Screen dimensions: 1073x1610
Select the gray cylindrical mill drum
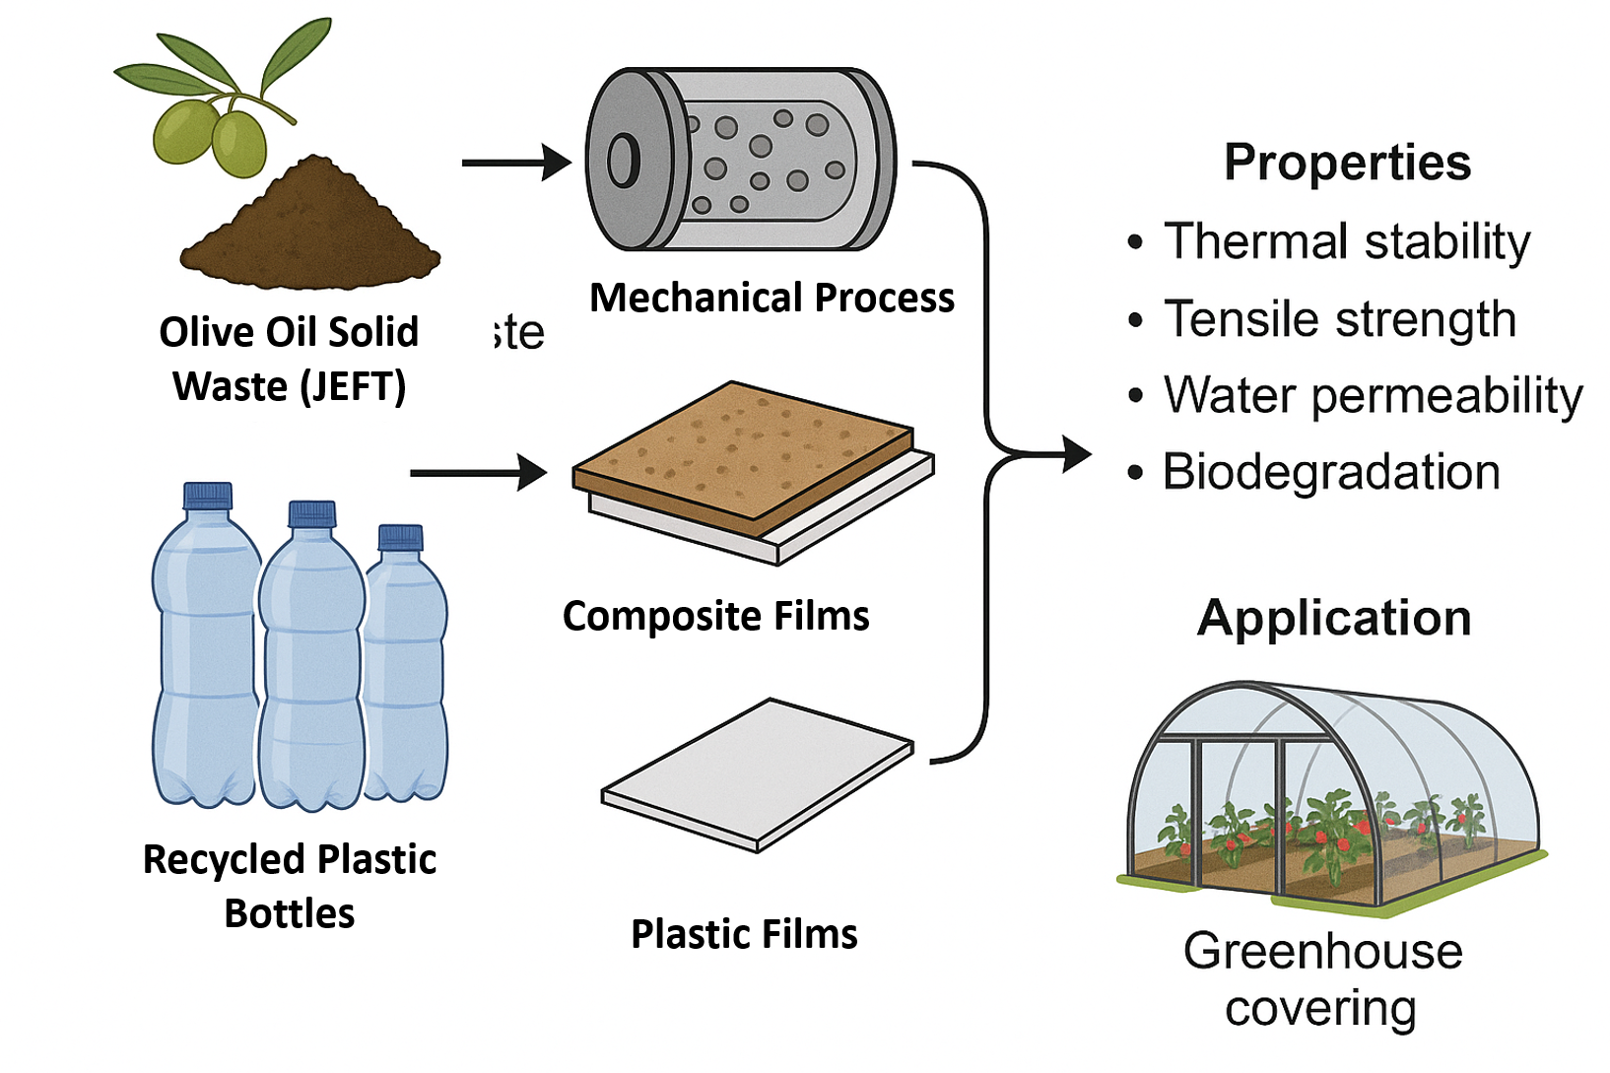tap(741, 160)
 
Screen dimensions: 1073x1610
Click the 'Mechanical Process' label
tap(771, 298)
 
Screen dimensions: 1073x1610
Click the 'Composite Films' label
tap(716, 616)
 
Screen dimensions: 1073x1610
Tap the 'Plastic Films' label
tap(744, 934)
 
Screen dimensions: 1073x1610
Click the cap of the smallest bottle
tap(401, 537)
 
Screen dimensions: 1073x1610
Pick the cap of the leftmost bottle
tap(208, 495)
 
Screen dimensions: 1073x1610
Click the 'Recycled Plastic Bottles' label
tap(290, 886)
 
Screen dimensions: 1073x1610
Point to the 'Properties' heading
tap(1347, 163)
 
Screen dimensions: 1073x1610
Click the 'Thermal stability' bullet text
tap(1347, 241)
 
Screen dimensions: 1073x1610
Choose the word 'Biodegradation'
tap(1331, 472)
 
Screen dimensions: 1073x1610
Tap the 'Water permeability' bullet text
tap(1373, 396)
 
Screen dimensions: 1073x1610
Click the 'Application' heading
tap(1334, 619)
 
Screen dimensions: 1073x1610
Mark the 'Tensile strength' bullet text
tap(1339, 319)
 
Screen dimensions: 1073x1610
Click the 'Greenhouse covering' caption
tap(1322, 979)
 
